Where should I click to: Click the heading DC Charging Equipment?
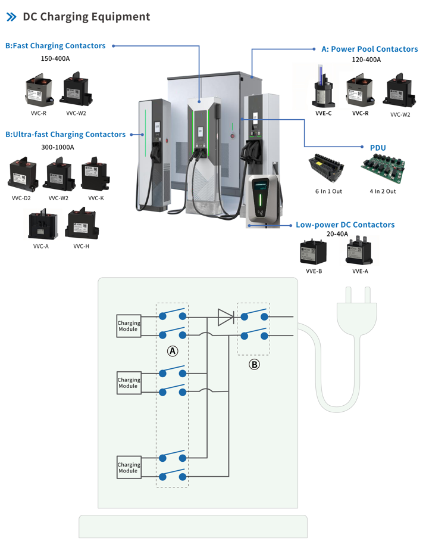click(86, 17)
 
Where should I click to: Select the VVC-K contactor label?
click(96, 198)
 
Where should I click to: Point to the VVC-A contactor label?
click(41, 246)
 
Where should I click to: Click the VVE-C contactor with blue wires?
click(323, 91)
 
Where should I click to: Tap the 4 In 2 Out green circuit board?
click(382, 167)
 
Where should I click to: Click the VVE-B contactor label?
click(314, 271)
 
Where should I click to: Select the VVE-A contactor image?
click(359, 251)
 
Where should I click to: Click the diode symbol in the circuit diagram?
click(225, 317)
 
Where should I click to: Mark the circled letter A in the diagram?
click(173, 351)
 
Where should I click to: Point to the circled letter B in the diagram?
click(254, 364)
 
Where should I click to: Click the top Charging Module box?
click(129, 326)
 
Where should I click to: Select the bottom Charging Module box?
click(129, 468)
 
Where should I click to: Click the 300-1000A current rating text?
click(57, 147)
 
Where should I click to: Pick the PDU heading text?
click(378, 147)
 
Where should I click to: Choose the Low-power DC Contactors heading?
click(345, 225)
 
